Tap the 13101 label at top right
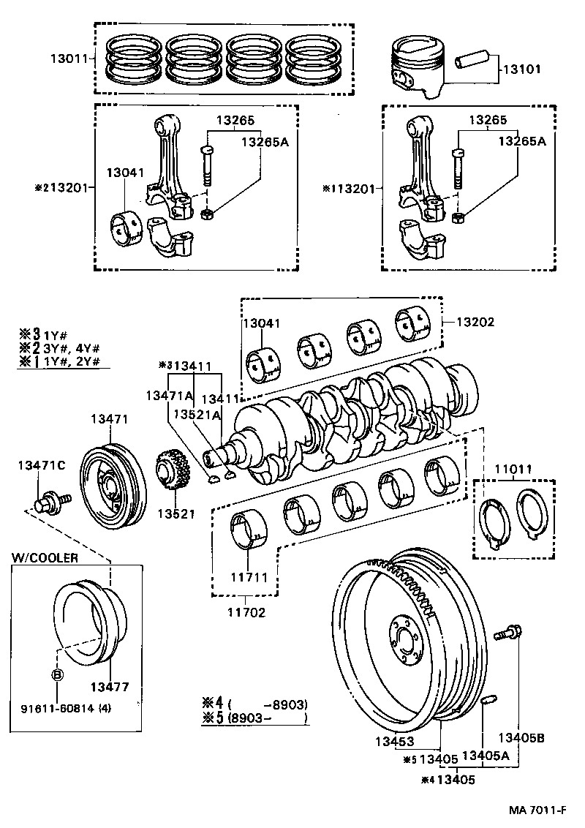[x=521, y=72]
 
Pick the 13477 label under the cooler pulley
[x=110, y=688]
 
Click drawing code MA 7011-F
[x=537, y=810]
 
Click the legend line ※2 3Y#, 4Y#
[x=60, y=347]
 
